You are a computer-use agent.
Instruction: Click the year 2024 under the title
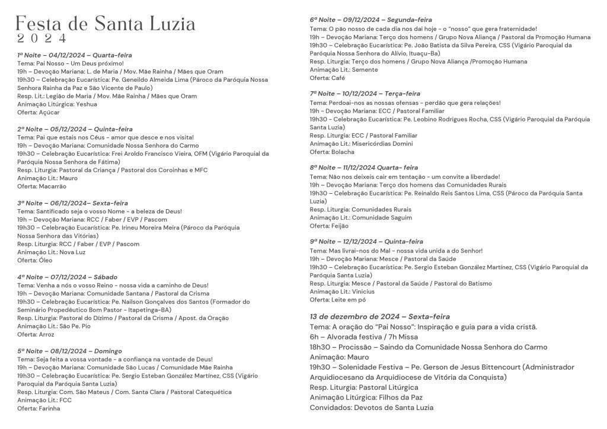(x=42, y=39)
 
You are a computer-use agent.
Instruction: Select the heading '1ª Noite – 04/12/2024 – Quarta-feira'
(x=74, y=55)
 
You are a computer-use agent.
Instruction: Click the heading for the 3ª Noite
(x=75, y=203)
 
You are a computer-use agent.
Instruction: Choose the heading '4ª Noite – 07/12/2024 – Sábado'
(x=67, y=277)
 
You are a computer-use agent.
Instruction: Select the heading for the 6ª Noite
(x=370, y=20)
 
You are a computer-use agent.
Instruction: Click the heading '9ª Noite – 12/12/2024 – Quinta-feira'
(x=366, y=241)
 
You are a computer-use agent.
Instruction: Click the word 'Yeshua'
(x=87, y=104)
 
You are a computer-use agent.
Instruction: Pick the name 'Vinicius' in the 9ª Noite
(x=363, y=292)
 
